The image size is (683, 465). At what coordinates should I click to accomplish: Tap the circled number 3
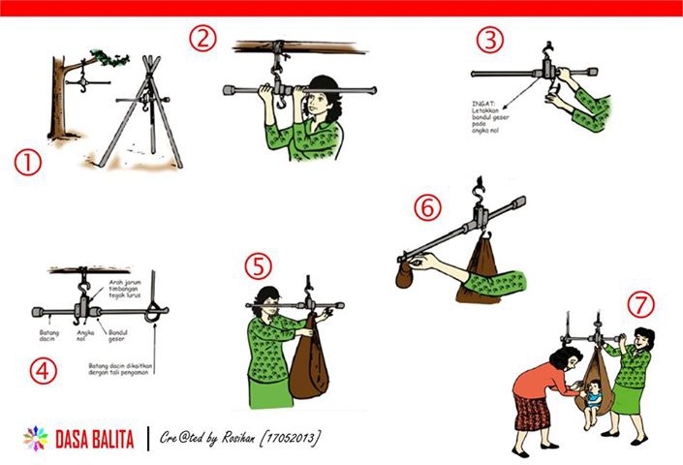(x=490, y=41)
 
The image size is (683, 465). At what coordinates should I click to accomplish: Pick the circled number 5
(x=258, y=265)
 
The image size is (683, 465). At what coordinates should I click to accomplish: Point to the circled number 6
(x=427, y=207)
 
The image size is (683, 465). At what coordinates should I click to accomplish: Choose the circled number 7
(x=639, y=304)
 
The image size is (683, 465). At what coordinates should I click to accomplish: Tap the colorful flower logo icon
(x=36, y=437)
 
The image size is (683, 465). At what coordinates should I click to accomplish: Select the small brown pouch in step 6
(x=404, y=276)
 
